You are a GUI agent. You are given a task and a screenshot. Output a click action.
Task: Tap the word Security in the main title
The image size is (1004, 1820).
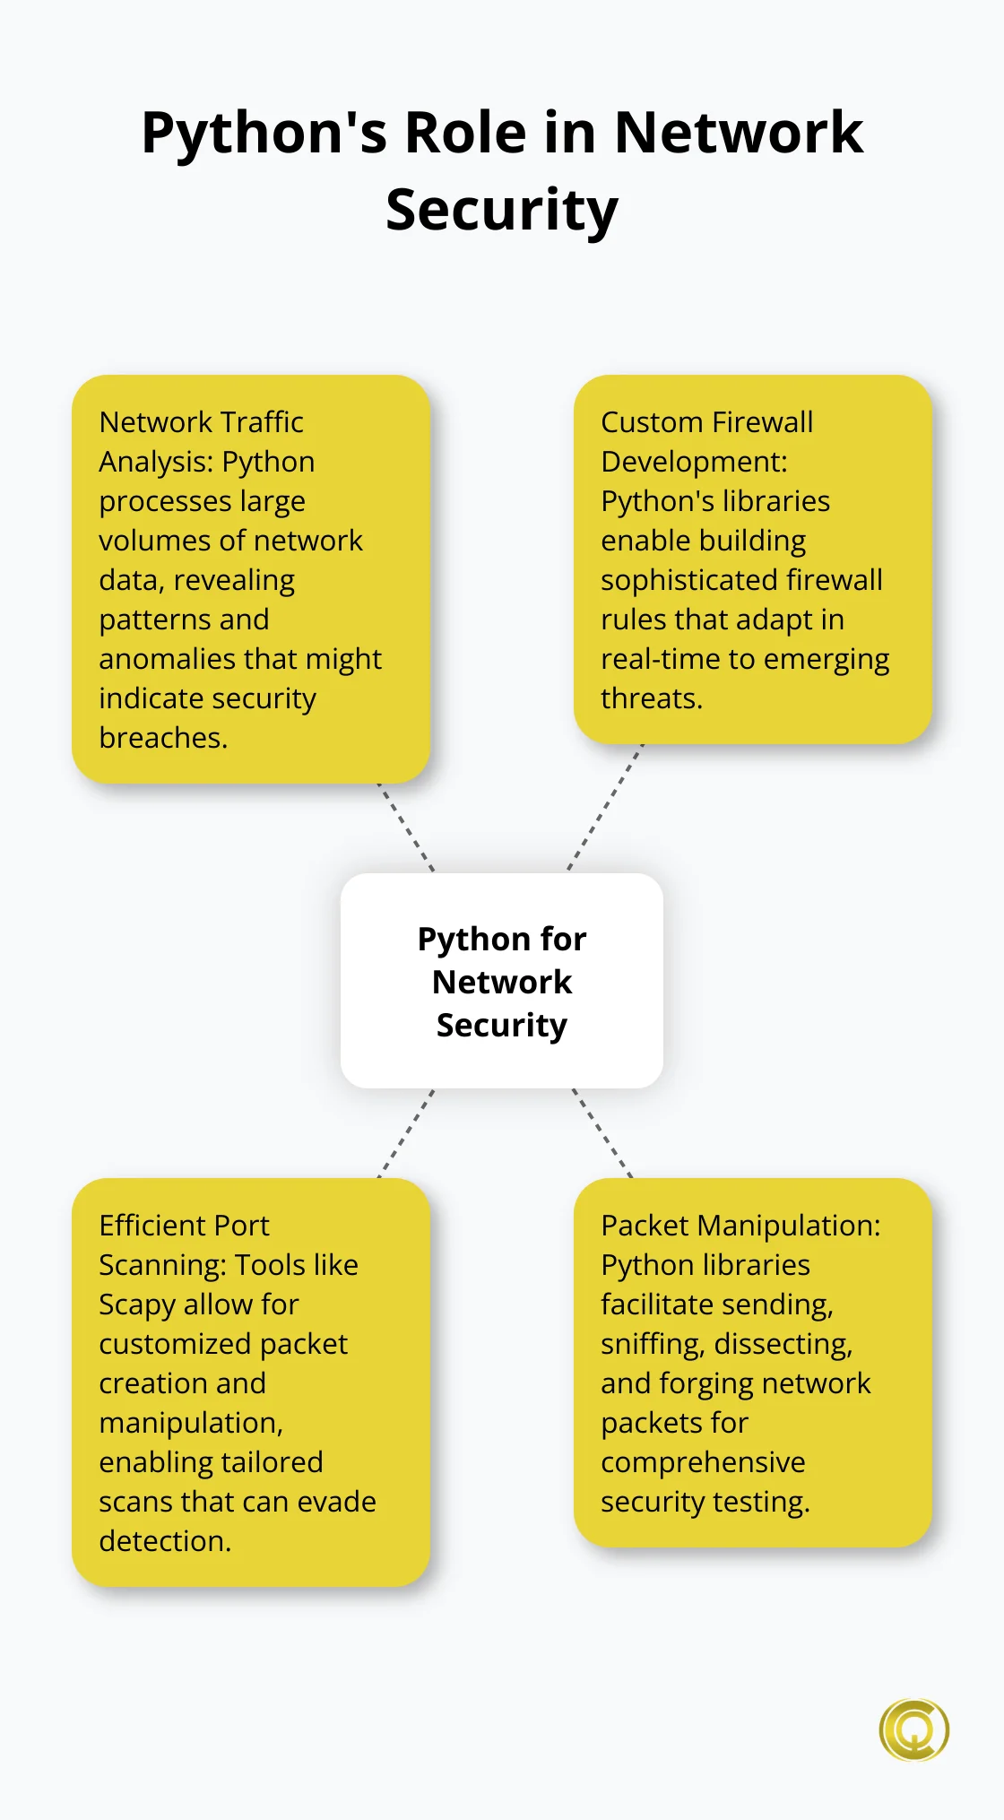tap(502, 211)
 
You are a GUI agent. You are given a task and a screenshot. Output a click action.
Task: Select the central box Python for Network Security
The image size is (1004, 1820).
tap(502, 981)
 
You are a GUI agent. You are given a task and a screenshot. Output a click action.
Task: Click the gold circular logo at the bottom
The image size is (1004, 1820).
tap(913, 1729)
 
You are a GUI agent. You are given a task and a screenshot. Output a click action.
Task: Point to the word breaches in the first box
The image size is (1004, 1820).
tap(163, 738)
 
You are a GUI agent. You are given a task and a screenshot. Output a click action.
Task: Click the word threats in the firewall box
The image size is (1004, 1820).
tap(651, 698)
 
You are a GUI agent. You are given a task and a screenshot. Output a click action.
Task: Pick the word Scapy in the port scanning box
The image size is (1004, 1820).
tap(137, 1304)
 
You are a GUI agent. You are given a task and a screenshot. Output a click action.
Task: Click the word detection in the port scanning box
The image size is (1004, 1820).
tap(165, 1541)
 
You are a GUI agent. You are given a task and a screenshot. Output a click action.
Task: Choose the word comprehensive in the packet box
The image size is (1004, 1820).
tap(703, 1462)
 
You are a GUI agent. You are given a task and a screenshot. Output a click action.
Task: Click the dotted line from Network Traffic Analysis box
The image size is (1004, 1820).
tap(406, 828)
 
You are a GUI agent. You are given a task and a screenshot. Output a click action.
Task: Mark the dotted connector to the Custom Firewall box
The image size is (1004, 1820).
tap(605, 808)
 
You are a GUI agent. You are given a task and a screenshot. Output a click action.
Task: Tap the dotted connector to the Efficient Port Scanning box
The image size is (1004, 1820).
tap(406, 1133)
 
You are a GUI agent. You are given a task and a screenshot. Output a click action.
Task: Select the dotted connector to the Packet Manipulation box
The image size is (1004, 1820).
tap(602, 1132)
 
